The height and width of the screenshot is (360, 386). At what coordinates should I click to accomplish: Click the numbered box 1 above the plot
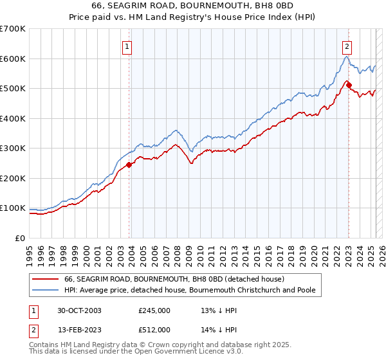point(127,46)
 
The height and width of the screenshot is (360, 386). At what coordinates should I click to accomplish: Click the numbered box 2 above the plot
point(347,46)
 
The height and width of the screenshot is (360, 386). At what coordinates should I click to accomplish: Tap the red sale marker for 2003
point(129,165)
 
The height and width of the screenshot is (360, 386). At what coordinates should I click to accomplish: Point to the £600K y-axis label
point(13,59)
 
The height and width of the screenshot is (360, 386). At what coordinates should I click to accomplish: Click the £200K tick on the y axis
point(13,178)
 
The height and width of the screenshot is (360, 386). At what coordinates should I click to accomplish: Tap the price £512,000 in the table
point(154,330)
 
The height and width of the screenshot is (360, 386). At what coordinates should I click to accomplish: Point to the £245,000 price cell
point(154,310)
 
